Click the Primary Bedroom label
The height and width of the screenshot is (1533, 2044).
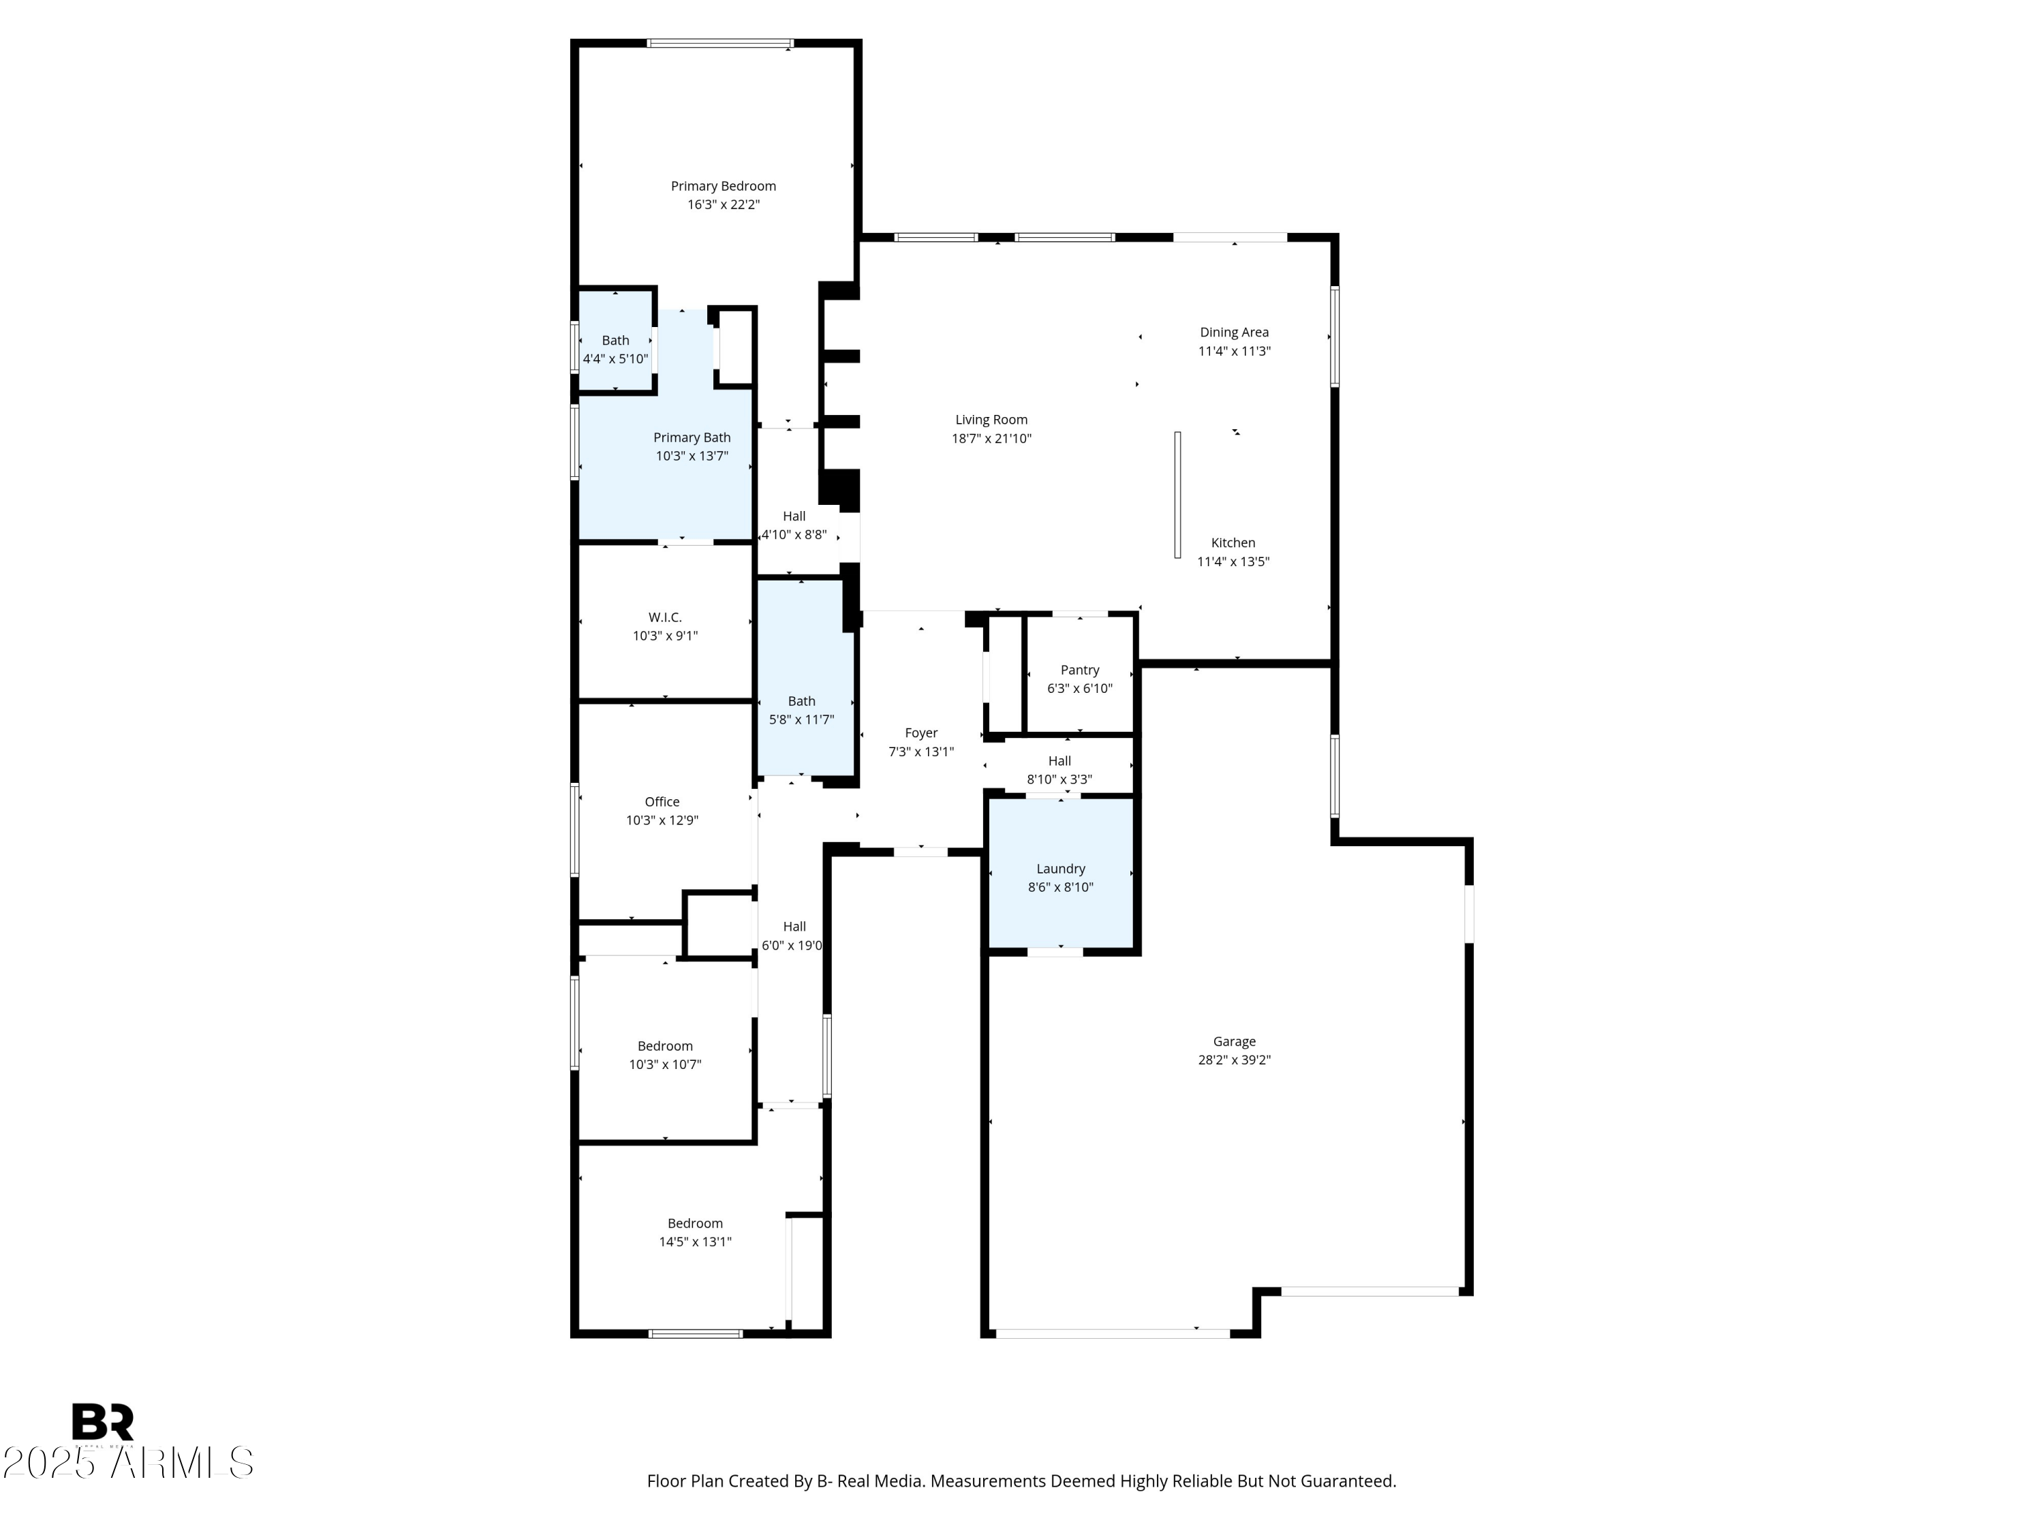pyautogui.click(x=723, y=186)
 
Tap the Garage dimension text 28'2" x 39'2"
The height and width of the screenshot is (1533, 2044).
pyautogui.click(x=1234, y=1060)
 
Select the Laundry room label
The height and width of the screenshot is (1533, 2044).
pyautogui.click(x=1060, y=869)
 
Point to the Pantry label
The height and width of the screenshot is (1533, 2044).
pyautogui.click(x=1079, y=670)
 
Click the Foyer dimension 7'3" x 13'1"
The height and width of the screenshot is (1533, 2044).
pyautogui.click(x=920, y=752)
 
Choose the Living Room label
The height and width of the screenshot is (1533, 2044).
pyautogui.click(x=991, y=420)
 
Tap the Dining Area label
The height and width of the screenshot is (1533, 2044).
pyautogui.click(x=1234, y=332)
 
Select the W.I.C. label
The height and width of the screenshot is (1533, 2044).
pyautogui.click(x=664, y=617)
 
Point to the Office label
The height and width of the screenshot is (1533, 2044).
pyautogui.click(x=662, y=802)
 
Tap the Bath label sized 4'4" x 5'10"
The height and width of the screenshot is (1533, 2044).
pyautogui.click(x=615, y=340)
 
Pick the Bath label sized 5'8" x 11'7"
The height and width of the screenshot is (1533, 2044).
pyautogui.click(x=801, y=701)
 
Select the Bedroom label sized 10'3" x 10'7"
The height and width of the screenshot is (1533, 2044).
pyautogui.click(x=664, y=1046)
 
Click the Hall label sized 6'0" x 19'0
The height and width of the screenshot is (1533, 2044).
pyautogui.click(x=794, y=927)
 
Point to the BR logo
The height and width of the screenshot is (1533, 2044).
pyautogui.click(x=103, y=1421)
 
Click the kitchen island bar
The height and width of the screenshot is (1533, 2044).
pyautogui.click(x=1177, y=495)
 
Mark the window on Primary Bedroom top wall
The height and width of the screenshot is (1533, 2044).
pyautogui.click(x=720, y=42)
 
